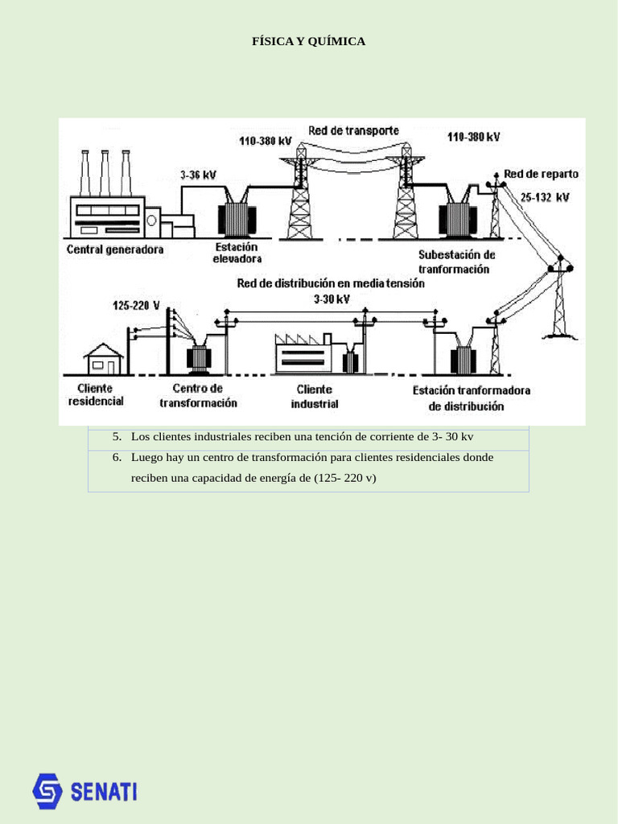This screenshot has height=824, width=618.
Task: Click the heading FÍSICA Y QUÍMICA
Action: pos(309,41)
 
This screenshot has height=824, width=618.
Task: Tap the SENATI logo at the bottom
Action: pos(84,791)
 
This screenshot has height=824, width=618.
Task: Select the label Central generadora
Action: pos(114,249)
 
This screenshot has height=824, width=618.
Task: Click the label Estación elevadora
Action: pos(237,253)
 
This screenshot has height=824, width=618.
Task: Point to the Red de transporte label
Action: pos(353,130)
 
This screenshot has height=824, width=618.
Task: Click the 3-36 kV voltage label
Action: pos(197,175)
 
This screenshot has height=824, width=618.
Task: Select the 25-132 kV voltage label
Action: pos(544,197)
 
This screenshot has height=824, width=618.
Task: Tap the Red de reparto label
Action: pos(541,174)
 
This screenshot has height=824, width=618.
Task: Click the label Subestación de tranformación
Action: pos(456,262)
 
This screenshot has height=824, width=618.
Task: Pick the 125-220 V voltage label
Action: pos(136,306)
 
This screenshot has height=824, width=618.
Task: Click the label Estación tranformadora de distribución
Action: pos(472,398)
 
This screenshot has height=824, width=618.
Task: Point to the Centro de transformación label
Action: pos(198,395)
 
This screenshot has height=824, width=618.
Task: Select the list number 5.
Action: pos(117,437)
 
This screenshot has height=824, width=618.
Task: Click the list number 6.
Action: pos(117,457)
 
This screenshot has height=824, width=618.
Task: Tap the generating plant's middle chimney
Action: pos(105,173)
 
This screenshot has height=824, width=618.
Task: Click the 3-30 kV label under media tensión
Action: pos(331,299)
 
